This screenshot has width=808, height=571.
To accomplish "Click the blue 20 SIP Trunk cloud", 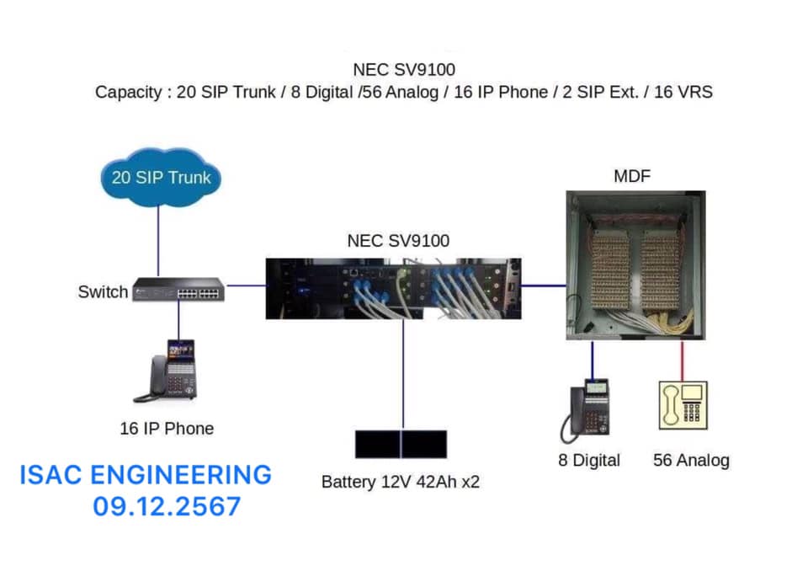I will [160, 178].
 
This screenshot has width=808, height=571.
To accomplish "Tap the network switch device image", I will [179, 288].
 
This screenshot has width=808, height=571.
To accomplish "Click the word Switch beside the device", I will [103, 292].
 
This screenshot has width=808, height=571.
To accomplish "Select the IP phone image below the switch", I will [173, 370].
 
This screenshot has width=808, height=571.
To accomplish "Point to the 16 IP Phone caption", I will [167, 429].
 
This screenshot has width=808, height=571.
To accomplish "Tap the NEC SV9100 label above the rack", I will [398, 241].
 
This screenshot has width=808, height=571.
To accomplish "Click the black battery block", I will [401, 444].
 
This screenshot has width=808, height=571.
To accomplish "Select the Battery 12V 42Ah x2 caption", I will [401, 483].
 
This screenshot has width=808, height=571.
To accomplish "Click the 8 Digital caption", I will [589, 460].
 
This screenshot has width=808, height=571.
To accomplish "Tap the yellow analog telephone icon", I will [683, 406].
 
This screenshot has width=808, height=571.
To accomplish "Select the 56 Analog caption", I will [691, 460].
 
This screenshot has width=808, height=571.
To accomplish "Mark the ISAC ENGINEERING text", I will [146, 475].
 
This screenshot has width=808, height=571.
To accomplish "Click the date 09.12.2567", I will [167, 506].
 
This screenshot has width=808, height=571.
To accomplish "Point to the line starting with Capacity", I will [403, 92].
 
